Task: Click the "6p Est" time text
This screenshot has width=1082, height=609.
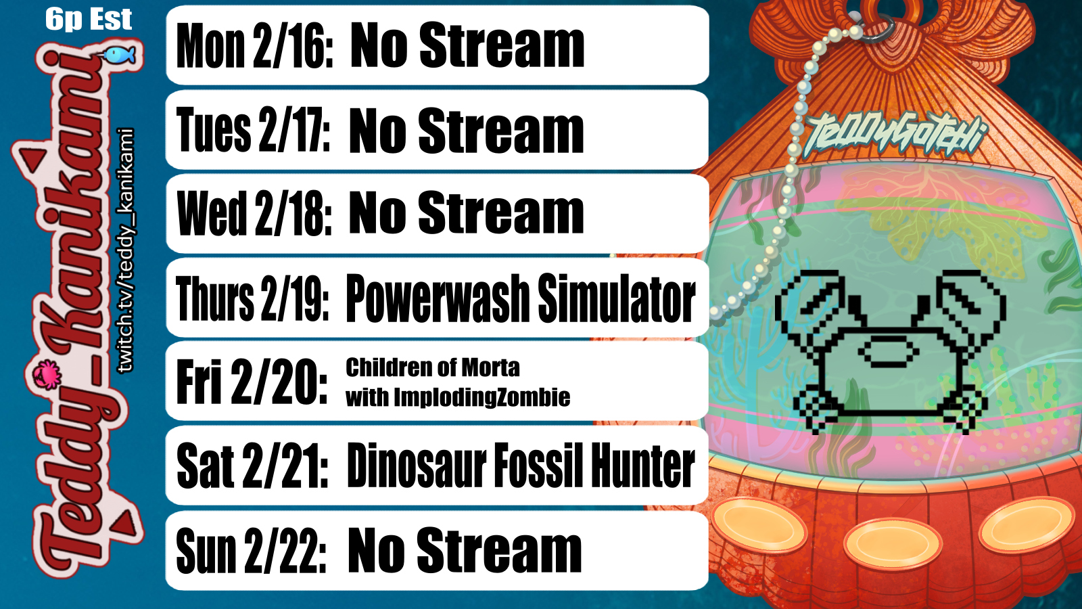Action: pos(89,20)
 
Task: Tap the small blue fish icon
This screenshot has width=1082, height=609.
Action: pos(119,55)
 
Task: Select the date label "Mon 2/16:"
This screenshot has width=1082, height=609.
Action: pos(254,45)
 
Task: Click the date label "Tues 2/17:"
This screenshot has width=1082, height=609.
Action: pos(253,129)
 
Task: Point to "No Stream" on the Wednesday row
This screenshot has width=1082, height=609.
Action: pos(466,213)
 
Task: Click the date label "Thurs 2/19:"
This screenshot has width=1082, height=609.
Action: pos(252,298)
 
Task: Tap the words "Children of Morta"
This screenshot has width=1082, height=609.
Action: pos(432,368)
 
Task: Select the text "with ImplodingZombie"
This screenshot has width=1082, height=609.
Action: pos(458,397)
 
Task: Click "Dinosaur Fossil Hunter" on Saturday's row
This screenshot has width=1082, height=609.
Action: pos(521,465)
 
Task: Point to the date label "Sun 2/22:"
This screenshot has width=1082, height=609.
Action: pos(251,551)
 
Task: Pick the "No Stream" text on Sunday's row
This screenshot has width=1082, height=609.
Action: pos(465,550)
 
